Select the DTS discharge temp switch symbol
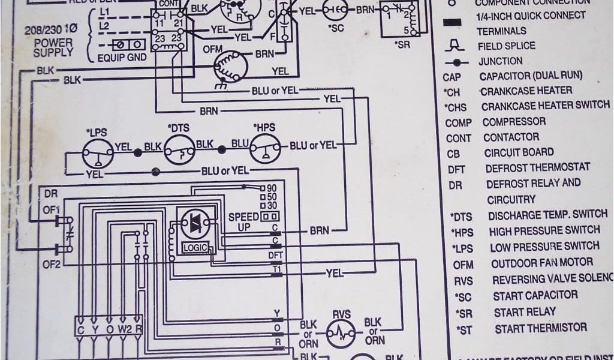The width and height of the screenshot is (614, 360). pyautogui.click(x=180, y=148)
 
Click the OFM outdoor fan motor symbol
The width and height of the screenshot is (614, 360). pyautogui.click(x=231, y=65)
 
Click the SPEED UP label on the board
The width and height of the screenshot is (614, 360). pyautogui.click(x=244, y=221)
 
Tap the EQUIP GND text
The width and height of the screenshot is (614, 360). pyautogui.click(x=122, y=58)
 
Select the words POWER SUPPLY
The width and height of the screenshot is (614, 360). pyautogui.click(x=53, y=48)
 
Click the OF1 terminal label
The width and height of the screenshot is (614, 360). pyautogui.click(x=51, y=209)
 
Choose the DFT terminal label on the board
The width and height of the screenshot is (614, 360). pyautogui.click(x=276, y=256)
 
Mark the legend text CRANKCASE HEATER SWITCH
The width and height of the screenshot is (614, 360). pyautogui.click(x=545, y=106)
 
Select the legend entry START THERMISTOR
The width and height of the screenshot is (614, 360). pyautogui.click(x=540, y=328)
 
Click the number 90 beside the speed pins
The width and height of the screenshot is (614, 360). pyautogui.click(x=271, y=188)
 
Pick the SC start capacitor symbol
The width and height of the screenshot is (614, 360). pyautogui.click(x=336, y=10)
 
